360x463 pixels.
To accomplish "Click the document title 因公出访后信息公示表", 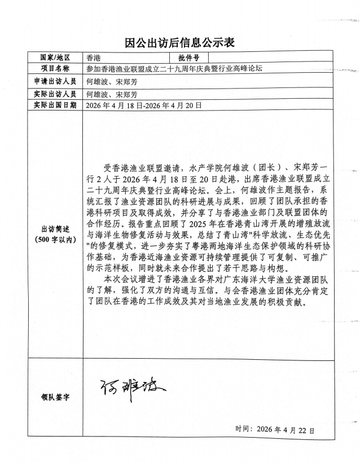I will (179, 42).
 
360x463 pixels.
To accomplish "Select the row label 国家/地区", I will (55, 58).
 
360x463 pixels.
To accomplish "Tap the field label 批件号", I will (188, 58).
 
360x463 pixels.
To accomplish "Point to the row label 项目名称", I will (55, 68).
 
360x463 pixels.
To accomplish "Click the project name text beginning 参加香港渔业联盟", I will (174, 68).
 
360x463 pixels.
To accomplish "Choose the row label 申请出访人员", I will (55, 81).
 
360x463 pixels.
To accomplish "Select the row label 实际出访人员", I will (55, 94).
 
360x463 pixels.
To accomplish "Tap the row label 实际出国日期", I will (55, 105).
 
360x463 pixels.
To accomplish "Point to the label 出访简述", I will (55, 229).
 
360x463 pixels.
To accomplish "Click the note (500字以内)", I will (55, 239).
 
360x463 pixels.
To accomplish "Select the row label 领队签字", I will (55, 396).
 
